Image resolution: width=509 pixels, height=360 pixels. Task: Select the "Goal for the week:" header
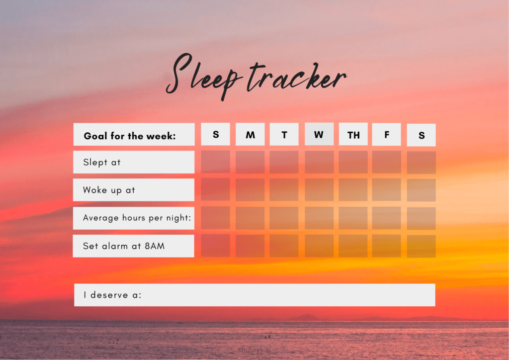(x=130, y=136)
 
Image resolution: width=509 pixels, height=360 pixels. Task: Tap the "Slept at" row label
(x=101, y=162)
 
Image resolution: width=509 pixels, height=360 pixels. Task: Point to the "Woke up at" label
(x=109, y=190)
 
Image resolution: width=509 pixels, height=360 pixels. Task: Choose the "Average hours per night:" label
(x=137, y=217)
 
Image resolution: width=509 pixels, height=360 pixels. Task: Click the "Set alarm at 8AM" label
(x=124, y=246)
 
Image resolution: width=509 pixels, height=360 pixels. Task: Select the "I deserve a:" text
(x=112, y=295)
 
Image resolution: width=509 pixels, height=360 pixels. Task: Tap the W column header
(x=319, y=134)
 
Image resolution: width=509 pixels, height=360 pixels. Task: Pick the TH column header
(x=353, y=134)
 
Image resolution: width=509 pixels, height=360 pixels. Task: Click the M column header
(x=250, y=134)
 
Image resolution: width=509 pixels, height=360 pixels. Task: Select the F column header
(x=386, y=134)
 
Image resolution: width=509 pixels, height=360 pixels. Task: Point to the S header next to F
(x=422, y=135)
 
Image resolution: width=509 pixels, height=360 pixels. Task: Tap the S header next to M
(x=216, y=134)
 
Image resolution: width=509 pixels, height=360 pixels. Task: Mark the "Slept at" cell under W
(x=319, y=162)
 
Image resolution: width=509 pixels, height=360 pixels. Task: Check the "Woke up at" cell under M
(x=250, y=190)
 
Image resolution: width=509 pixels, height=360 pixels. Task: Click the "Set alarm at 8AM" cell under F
(x=386, y=246)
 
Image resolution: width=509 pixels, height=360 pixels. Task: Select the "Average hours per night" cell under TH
(x=353, y=218)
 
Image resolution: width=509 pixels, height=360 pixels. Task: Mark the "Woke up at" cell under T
(x=284, y=189)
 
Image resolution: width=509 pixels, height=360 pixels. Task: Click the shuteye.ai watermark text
(x=254, y=350)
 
